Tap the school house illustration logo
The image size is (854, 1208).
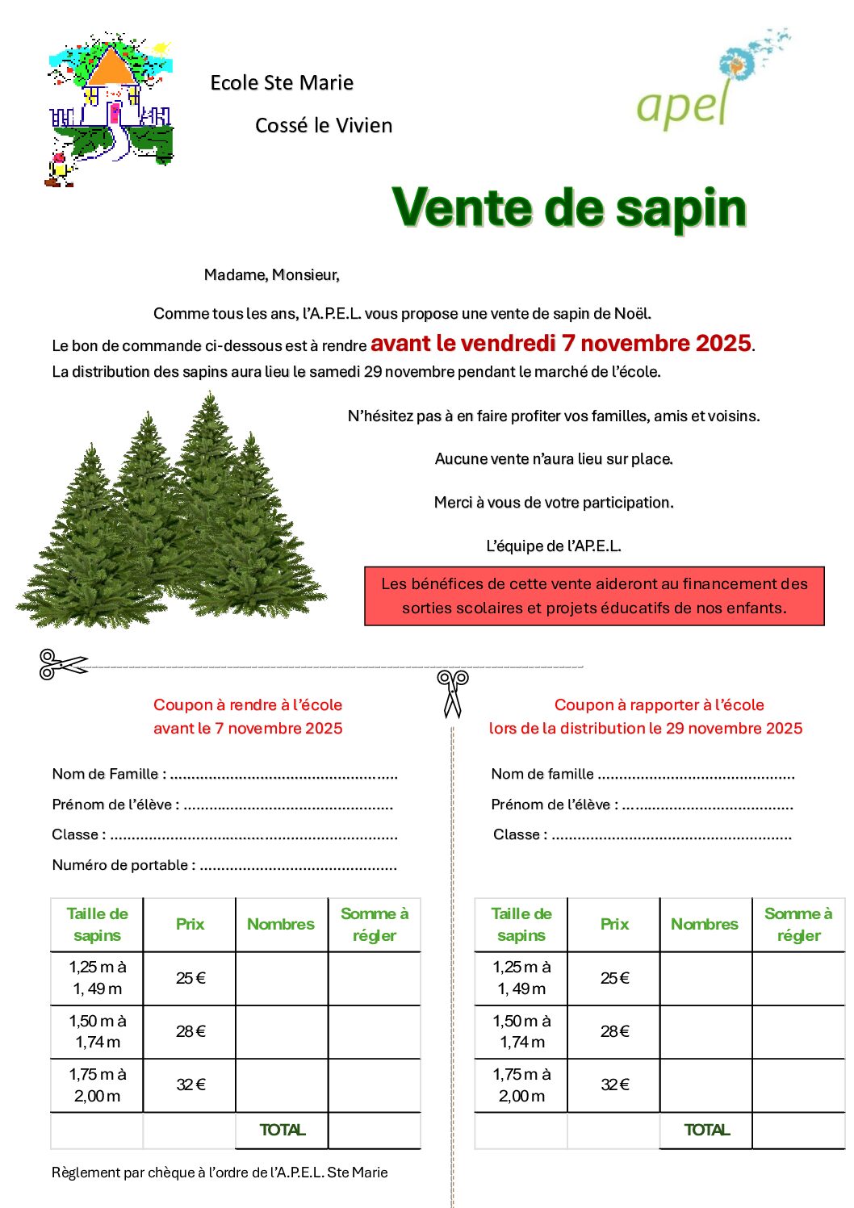pos(111,109)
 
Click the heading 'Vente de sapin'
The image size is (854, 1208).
pos(569,207)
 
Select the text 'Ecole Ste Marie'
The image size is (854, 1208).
pos(282,82)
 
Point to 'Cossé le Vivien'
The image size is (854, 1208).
pos(324,126)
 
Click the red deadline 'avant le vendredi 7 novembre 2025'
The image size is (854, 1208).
pos(561,344)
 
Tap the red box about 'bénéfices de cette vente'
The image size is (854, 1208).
pos(594,596)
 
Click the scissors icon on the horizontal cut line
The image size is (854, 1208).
pos(62,664)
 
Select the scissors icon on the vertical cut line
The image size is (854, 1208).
pos(453,693)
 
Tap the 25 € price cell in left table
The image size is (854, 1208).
pos(190,978)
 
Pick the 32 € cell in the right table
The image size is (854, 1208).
pos(614,1085)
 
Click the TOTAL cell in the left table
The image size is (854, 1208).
pos(282,1131)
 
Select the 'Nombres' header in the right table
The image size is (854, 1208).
pos(705,925)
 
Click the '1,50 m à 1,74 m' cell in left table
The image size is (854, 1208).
pos(98,1031)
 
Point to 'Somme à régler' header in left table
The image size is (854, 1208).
pos(375,925)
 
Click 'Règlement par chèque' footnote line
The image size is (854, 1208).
pos(220,1172)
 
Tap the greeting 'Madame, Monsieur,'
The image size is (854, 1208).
pos(271,275)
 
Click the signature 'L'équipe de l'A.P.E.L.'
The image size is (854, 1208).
pos(554,546)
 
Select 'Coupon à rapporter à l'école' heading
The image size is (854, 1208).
pos(659,705)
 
